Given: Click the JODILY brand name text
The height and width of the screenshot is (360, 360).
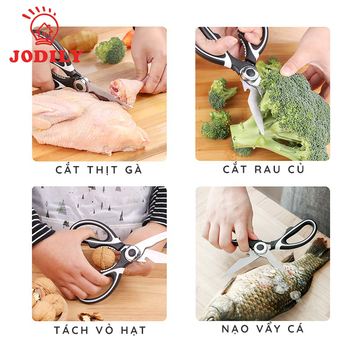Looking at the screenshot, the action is (x=46, y=56).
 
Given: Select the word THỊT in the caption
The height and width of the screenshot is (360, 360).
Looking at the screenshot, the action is (x=103, y=170).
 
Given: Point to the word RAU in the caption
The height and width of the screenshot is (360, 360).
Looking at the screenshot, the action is (x=267, y=170).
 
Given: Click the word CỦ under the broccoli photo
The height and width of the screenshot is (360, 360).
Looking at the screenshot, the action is (x=296, y=169).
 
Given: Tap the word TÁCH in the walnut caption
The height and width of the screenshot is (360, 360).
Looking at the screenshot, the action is (x=71, y=330).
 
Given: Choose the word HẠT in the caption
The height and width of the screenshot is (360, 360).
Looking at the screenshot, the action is (x=133, y=331).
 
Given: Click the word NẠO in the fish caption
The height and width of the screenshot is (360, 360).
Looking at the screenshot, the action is (x=235, y=329).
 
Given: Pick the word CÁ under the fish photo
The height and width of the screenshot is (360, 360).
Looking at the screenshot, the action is (x=296, y=328).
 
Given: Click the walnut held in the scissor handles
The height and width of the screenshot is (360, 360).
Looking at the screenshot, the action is (x=103, y=257).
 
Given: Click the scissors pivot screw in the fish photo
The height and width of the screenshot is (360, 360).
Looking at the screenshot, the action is (x=260, y=247).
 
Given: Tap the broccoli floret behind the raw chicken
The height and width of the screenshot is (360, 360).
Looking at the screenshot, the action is (x=110, y=50).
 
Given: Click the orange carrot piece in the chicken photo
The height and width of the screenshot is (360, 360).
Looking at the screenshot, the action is (x=129, y=38).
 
